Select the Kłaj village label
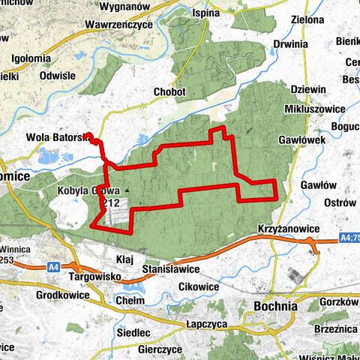pos(124,257)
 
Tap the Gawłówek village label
pos(319,139)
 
